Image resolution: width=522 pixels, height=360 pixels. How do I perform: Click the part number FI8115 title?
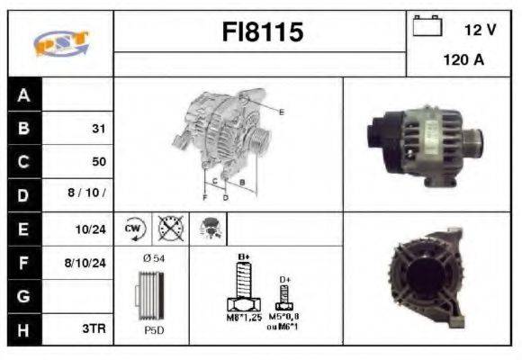262,33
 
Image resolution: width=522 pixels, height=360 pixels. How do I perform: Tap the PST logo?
60,43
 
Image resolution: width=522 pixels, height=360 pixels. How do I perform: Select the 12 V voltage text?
480,30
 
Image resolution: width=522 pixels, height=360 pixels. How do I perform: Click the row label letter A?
23,94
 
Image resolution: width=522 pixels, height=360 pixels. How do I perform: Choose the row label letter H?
23,329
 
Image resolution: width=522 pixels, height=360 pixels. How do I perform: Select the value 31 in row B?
98,128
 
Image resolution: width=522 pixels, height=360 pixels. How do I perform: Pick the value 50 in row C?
98,162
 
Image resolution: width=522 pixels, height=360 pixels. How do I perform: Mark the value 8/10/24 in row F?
87,263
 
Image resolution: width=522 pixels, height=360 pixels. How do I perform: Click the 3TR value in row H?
94,329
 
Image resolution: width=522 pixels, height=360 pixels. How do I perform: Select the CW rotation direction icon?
133,229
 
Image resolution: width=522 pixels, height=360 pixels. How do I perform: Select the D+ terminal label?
285,279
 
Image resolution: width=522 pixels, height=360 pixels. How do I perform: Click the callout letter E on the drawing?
282,112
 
